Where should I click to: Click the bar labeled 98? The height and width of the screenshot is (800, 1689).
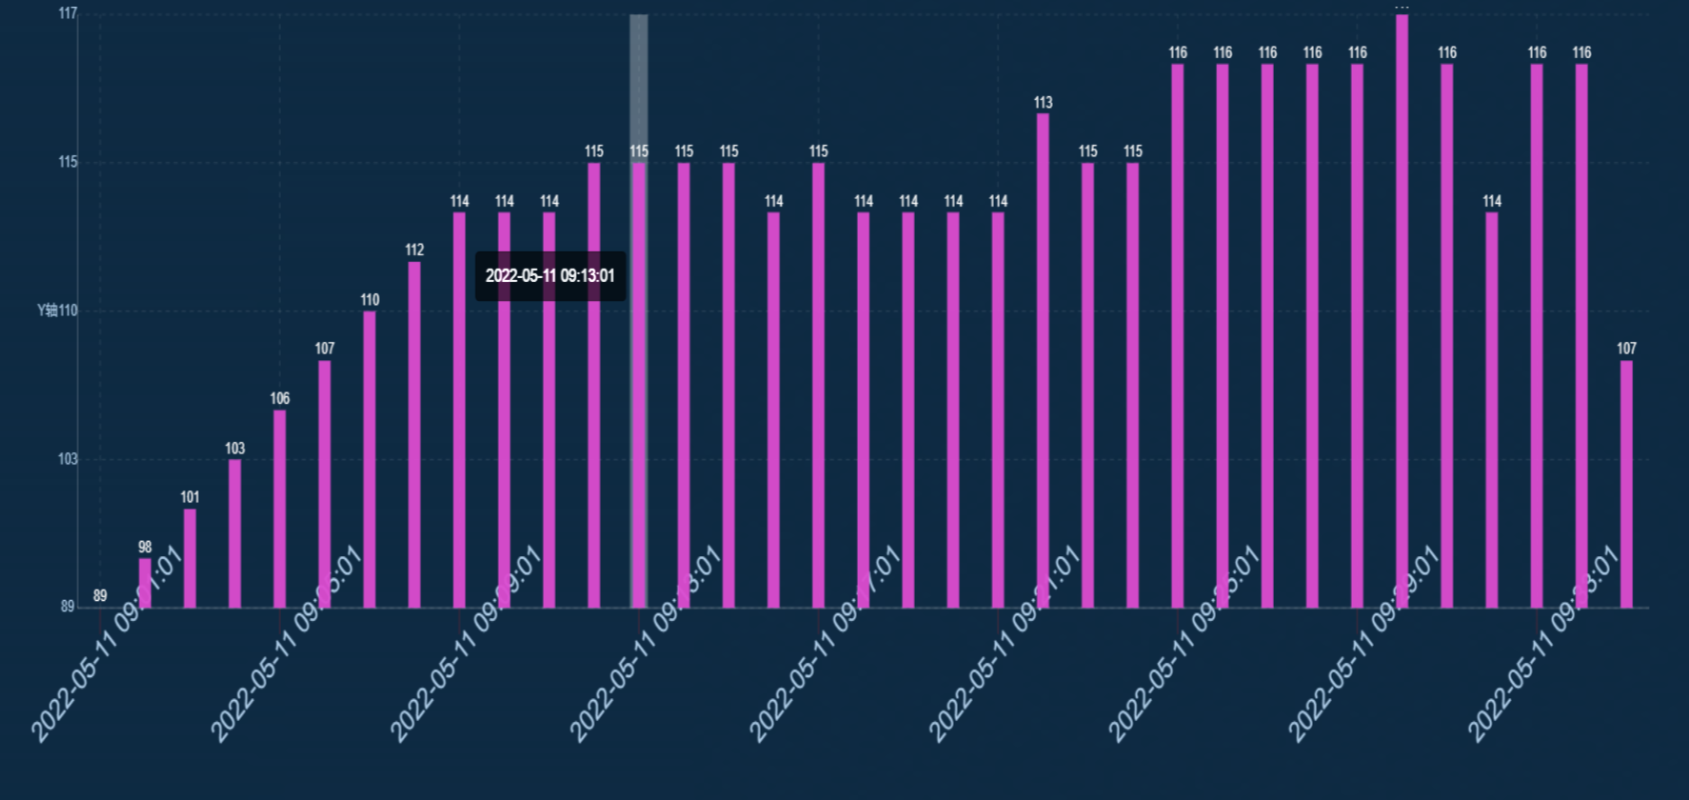coord(145,583)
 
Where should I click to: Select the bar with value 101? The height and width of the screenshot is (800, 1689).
coord(189,558)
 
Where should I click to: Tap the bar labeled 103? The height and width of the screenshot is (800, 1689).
coord(234,533)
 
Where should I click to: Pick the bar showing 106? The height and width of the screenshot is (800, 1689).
coord(279,509)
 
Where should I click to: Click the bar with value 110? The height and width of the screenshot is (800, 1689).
coord(369,459)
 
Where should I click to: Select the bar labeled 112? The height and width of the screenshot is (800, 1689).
coord(414,434)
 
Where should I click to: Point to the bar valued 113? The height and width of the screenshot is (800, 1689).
coord(1043,360)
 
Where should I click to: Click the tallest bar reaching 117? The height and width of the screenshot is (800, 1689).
coord(1401,310)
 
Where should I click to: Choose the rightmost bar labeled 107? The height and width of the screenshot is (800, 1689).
coord(1626,484)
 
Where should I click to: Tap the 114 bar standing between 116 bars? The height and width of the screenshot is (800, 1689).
coord(1492,410)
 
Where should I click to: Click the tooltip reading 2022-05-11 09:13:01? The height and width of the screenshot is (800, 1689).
coord(550,276)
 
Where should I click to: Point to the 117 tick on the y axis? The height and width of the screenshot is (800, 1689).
coord(68,13)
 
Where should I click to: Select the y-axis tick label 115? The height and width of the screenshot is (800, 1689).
coord(68,162)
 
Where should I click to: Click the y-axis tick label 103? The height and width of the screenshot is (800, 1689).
coord(68,459)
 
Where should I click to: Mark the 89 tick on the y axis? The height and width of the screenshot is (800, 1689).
coord(68,607)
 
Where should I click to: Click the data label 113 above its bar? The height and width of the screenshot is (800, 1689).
coord(1043,103)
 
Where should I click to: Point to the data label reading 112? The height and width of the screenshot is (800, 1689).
coord(414,250)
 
